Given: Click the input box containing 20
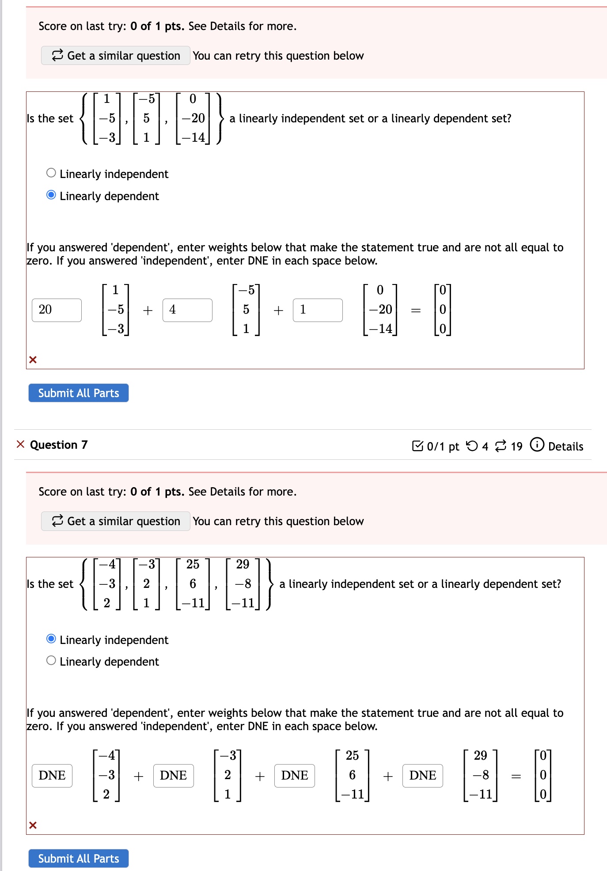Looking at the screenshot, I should tap(57, 310).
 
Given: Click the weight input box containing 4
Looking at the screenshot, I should tap(187, 310).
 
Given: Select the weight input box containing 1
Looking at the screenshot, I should tap(318, 310).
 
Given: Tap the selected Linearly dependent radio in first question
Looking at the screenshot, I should tap(51, 195).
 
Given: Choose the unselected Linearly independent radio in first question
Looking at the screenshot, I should tap(51, 173).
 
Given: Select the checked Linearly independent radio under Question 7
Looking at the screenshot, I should tap(51, 639).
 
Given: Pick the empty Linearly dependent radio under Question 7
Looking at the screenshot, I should tap(51, 660).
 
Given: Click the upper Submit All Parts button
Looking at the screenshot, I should tap(79, 393).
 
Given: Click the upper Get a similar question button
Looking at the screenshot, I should tap(116, 56).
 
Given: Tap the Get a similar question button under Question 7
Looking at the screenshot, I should tap(116, 521).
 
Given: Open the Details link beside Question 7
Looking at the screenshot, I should tap(565, 447).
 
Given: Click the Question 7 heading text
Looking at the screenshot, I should tap(59, 445).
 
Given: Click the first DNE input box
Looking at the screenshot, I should tap(52, 776).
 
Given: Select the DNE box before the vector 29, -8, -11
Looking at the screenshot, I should tap(422, 776).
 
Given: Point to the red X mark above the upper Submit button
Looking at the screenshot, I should tap(33, 360).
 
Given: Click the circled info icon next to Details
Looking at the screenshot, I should tap(537, 445).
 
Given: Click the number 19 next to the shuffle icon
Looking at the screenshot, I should tap(516, 447).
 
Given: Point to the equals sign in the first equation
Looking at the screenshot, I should tap(416, 311).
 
